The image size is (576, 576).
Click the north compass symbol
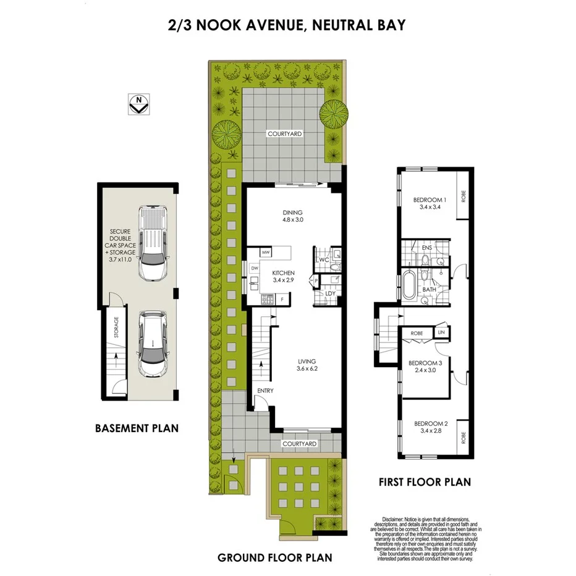139,104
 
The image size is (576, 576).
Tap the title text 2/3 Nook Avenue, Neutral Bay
287,25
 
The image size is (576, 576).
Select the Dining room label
292,216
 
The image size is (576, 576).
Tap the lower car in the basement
152,343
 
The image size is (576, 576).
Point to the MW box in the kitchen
266,253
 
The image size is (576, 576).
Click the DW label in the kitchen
254,268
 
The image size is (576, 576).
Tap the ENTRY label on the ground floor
266,391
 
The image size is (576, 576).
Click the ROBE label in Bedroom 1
463,197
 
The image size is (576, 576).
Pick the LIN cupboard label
441,332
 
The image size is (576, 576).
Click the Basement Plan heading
137,428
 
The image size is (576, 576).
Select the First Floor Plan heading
425,482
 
